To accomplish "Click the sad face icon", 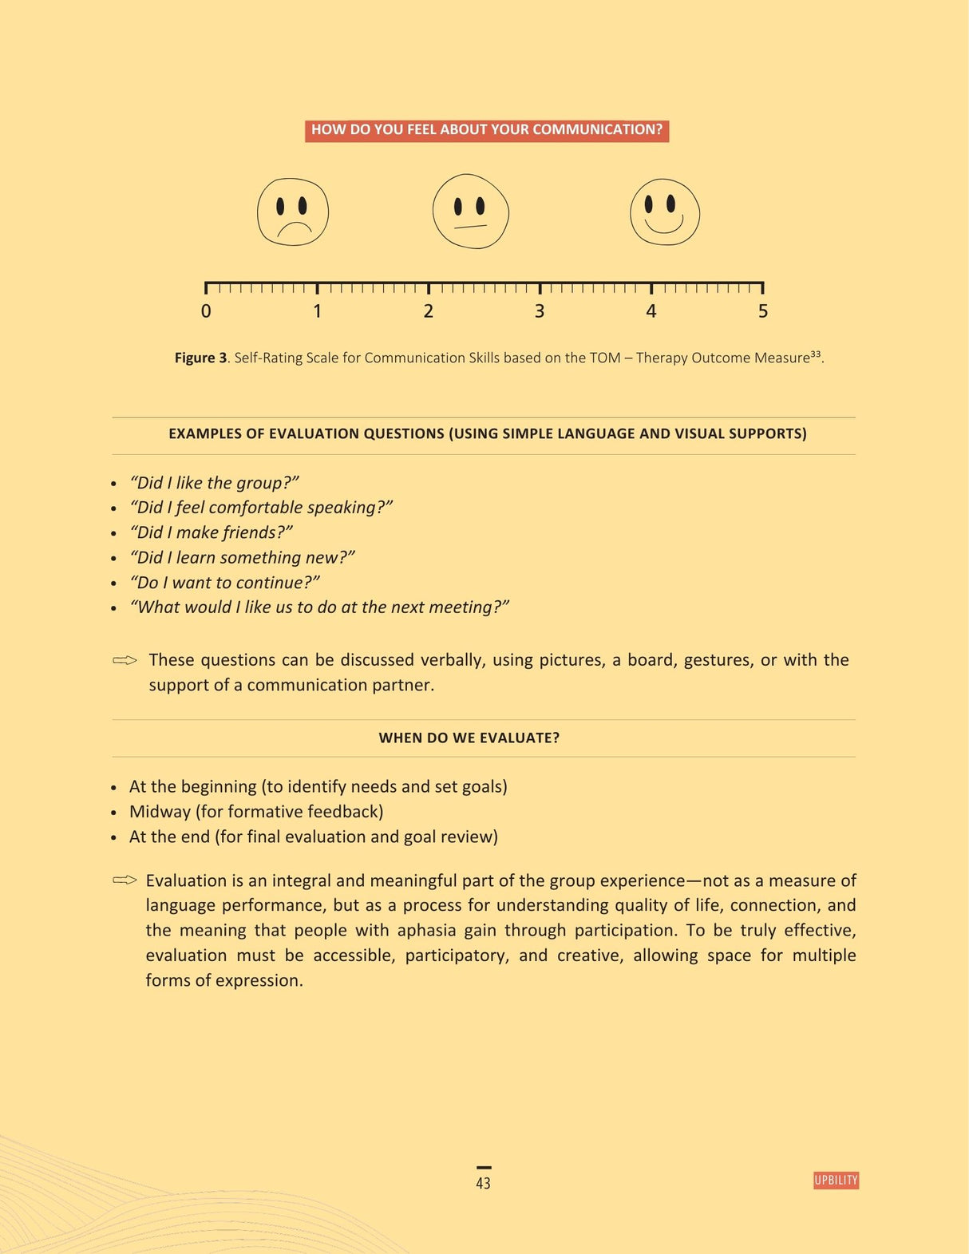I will pyautogui.click(x=293, y=212).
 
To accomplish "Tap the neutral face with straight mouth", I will pyautogui.click(x=470, y=212).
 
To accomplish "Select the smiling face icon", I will pyautogui.click(x=665, y=212).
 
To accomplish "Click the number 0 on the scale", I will pyautogui.click(x=206, y=311).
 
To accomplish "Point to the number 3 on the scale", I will pyautogui.click(x=540, y=311).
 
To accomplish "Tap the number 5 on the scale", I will pyautogui.click(x=763, y=311).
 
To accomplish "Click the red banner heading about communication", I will pyautogui.click(x=487, y=130).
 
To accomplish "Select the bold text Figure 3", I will pyautogui.click(x=200, y=358).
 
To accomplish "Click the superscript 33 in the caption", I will pyautogui.click(x=816, y=354).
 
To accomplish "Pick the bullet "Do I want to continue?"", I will pyautogui.click(x=224, y=583).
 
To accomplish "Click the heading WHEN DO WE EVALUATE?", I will pyautogui.click(x=469, y=738).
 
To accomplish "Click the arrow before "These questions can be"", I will pyautogui.click(x=125, y=660).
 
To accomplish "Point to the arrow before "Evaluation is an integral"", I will pyautogui.click(x=125, y=880).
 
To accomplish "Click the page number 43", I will pyautogui.click(x=483, y=1183).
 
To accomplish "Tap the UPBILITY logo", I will pyautogui.click(x=836, y=1181).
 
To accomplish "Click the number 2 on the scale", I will pyautogui.click(x=429, y=311).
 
